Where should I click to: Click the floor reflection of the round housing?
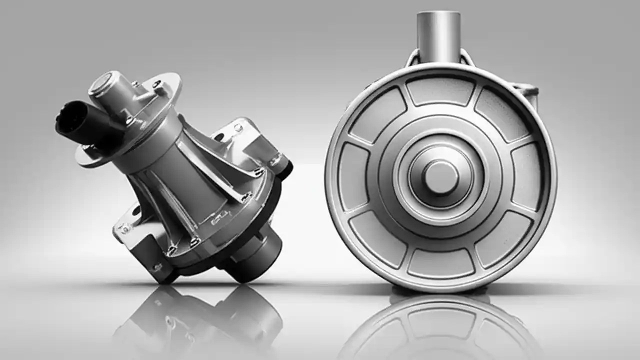[x=440, y=325]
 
